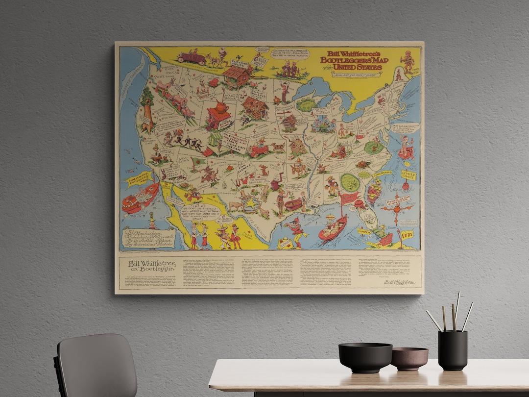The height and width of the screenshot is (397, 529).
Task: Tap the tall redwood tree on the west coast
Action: (x=146, y=111)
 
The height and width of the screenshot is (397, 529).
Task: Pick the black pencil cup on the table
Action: (x=453, y=350)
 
